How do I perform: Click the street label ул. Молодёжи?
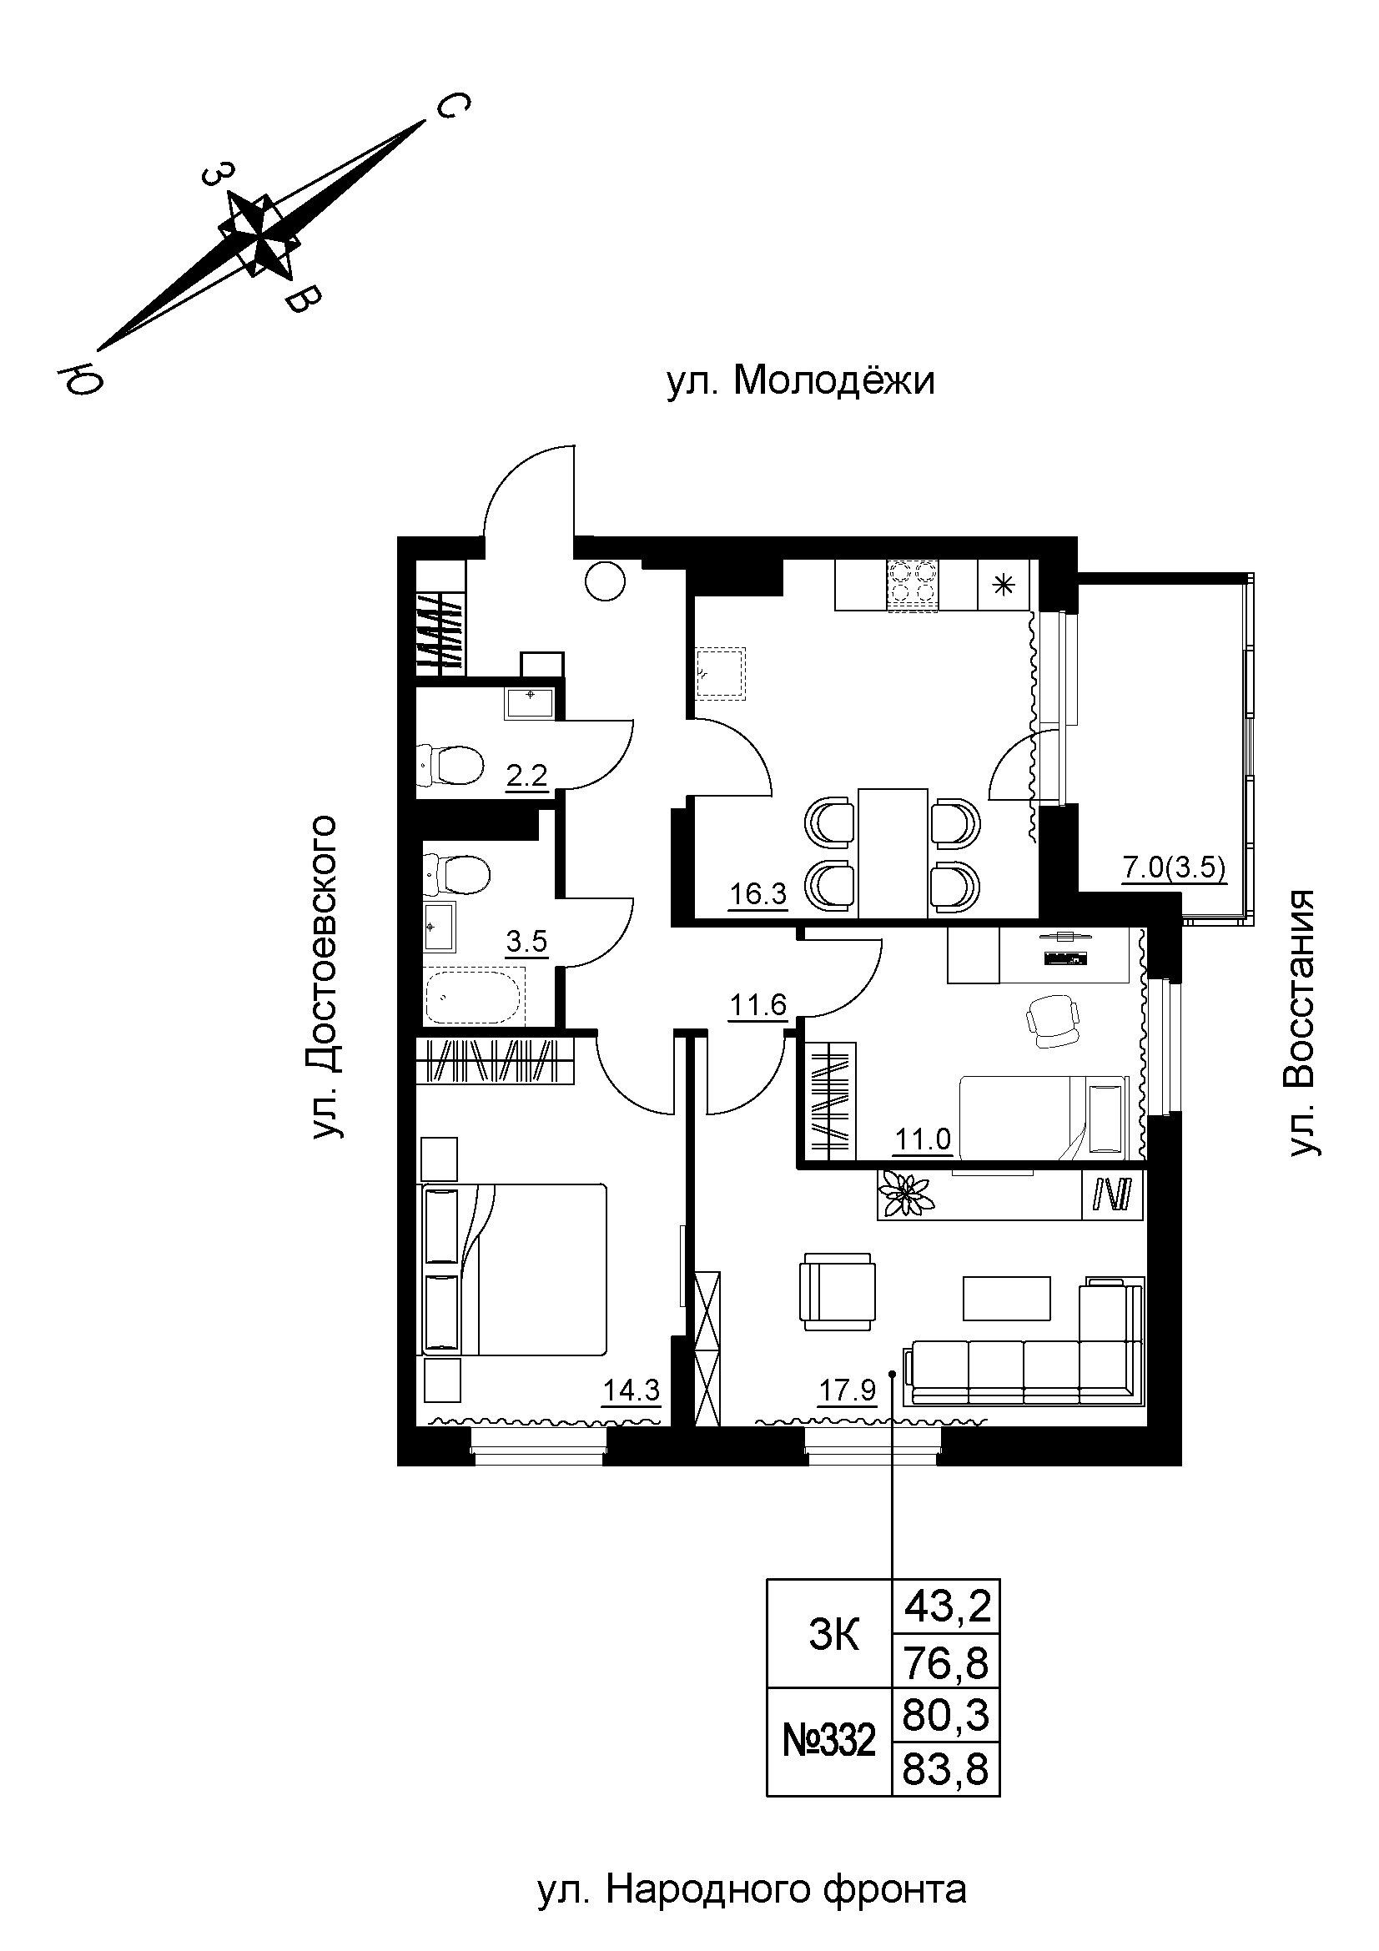[x=800, y=381]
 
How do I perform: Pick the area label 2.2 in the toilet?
[x=526, y=776]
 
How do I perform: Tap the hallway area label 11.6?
[x=757, y=1006]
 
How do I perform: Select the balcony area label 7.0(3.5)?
[x=1175, y=868]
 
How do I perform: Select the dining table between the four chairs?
[x=891, y=852]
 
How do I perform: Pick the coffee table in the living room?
[x=1007, y=1298]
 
